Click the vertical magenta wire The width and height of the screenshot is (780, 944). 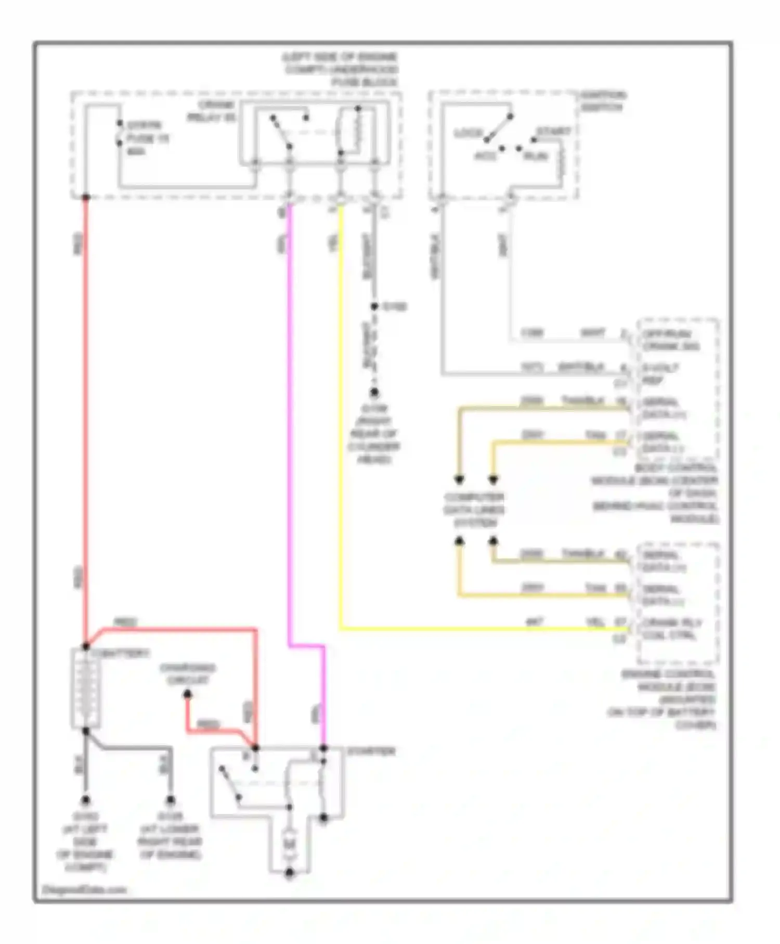[290, 416]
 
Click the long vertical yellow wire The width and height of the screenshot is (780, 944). [340, 416]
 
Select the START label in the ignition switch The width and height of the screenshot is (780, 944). [553, 132]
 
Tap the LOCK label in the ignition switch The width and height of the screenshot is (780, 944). [469, 133]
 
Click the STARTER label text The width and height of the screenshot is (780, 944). [371, 751]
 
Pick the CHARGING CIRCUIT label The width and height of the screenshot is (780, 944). [188, 674]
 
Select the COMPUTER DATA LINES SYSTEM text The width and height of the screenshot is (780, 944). [474, 509]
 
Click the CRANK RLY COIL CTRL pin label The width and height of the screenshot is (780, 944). [671, 629]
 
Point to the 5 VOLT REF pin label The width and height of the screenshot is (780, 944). [660, 374]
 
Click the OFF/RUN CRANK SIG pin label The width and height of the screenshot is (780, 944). [671, 340]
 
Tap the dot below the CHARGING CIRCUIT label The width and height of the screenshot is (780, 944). [188, 694]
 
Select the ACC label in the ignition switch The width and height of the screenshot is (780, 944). [485, 156]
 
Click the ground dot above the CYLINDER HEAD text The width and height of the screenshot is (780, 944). [374, 393]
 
